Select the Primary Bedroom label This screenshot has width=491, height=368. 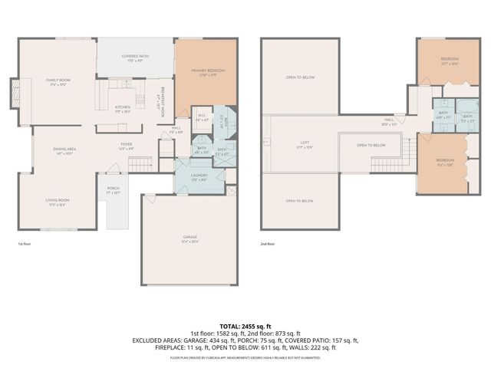(204, 73)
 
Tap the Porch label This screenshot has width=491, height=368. (113, 192)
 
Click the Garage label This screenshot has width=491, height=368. (189, 240)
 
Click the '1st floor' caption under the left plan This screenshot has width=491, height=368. (25, 245)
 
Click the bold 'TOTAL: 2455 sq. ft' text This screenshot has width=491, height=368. (245, 326)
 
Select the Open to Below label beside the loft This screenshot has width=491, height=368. (371, 145)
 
